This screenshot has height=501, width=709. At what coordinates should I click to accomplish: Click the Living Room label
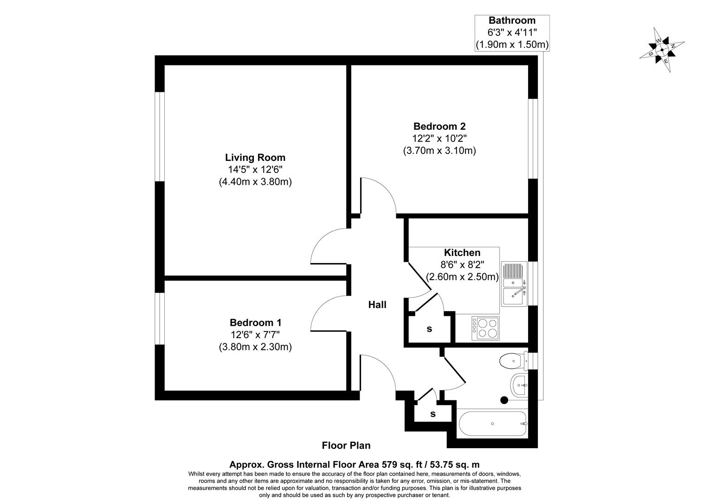coord(255,158)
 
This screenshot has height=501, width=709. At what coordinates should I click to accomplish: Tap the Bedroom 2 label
coord(439,126)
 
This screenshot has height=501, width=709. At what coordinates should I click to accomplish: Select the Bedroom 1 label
coord(255,322)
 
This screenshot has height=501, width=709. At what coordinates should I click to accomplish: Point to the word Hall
coord(377,305)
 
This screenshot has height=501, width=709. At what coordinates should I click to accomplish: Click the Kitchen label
coord(462,253)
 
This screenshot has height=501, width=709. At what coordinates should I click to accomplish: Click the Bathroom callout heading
coord(512,20)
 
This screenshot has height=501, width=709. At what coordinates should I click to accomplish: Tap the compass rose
coord(662,50)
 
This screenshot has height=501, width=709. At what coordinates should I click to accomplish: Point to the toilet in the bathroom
coord(513,360)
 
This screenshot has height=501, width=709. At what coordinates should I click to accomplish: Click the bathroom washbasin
coord(519,385)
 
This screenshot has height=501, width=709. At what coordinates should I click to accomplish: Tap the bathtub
coord(492,424)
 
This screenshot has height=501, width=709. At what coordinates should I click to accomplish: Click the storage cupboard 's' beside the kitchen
coord(429,329)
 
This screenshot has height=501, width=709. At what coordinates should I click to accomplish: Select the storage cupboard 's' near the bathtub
coord(432,414)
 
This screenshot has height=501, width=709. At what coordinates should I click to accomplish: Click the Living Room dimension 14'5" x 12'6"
coord(255,170)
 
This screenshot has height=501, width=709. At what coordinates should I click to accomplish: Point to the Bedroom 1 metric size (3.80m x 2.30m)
coord(255,347)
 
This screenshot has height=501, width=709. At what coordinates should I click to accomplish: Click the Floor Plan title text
coord(346,445)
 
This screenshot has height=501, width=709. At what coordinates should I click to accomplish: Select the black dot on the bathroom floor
coord(504,400)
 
